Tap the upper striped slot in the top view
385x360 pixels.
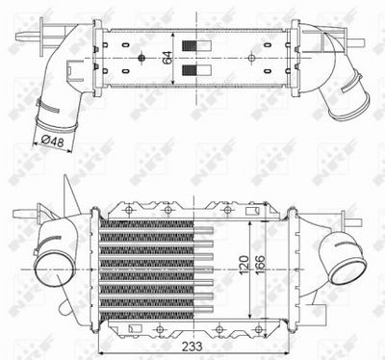201,48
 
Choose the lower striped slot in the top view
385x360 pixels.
201,71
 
